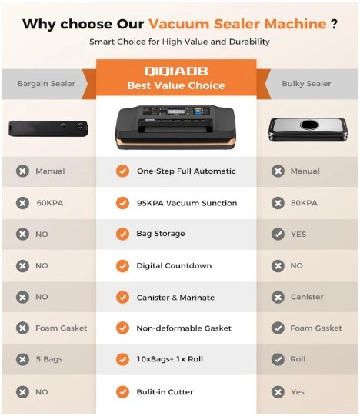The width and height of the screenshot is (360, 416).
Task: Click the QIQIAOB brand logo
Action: click(176, 71)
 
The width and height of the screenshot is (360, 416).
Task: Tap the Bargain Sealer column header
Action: click(46, 84)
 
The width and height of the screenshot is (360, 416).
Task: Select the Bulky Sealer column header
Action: click(306, 84)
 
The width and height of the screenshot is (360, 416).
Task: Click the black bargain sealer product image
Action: click(48, 128)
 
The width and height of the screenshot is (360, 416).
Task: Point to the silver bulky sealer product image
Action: click(308, 129)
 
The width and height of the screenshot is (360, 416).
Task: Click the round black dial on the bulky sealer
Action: click(309, 124)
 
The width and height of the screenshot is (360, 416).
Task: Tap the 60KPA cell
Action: click(50, 203)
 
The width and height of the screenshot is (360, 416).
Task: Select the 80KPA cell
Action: click(304, 203)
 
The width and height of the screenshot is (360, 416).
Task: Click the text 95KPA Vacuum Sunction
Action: click(187, 203)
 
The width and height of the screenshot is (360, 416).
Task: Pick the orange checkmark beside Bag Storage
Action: click(122, 234)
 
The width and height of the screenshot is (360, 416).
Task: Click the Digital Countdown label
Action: click(174, 266)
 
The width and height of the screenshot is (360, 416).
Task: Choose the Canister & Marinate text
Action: click(175, 298)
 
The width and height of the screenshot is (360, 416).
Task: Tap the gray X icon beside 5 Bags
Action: click(22, 359)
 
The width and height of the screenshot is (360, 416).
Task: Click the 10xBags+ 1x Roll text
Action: click(170, 359)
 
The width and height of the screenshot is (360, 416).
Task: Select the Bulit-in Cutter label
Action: click(165, 392)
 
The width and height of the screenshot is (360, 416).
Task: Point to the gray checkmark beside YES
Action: click(278, 234)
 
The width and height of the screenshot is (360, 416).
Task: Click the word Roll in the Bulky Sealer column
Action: click(298, 359)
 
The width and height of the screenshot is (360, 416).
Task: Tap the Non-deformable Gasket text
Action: click(184, 328)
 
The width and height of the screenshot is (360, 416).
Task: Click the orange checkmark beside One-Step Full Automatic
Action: click(122, 171)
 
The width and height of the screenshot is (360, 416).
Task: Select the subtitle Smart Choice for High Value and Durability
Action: click(179, 42)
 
